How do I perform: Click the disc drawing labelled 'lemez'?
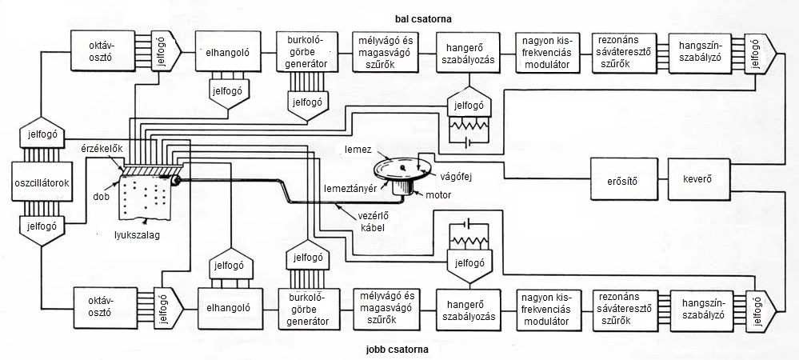405,167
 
